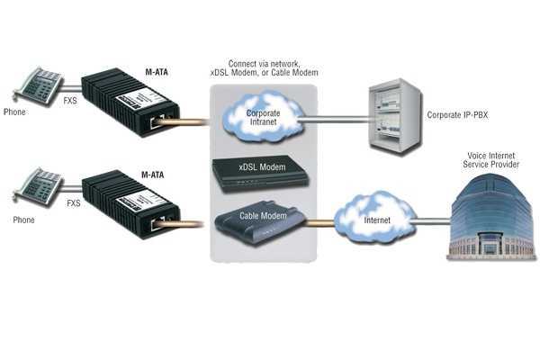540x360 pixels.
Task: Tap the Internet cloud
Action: (x=373, y=219)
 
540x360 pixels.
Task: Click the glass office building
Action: (x=491, y=216)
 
